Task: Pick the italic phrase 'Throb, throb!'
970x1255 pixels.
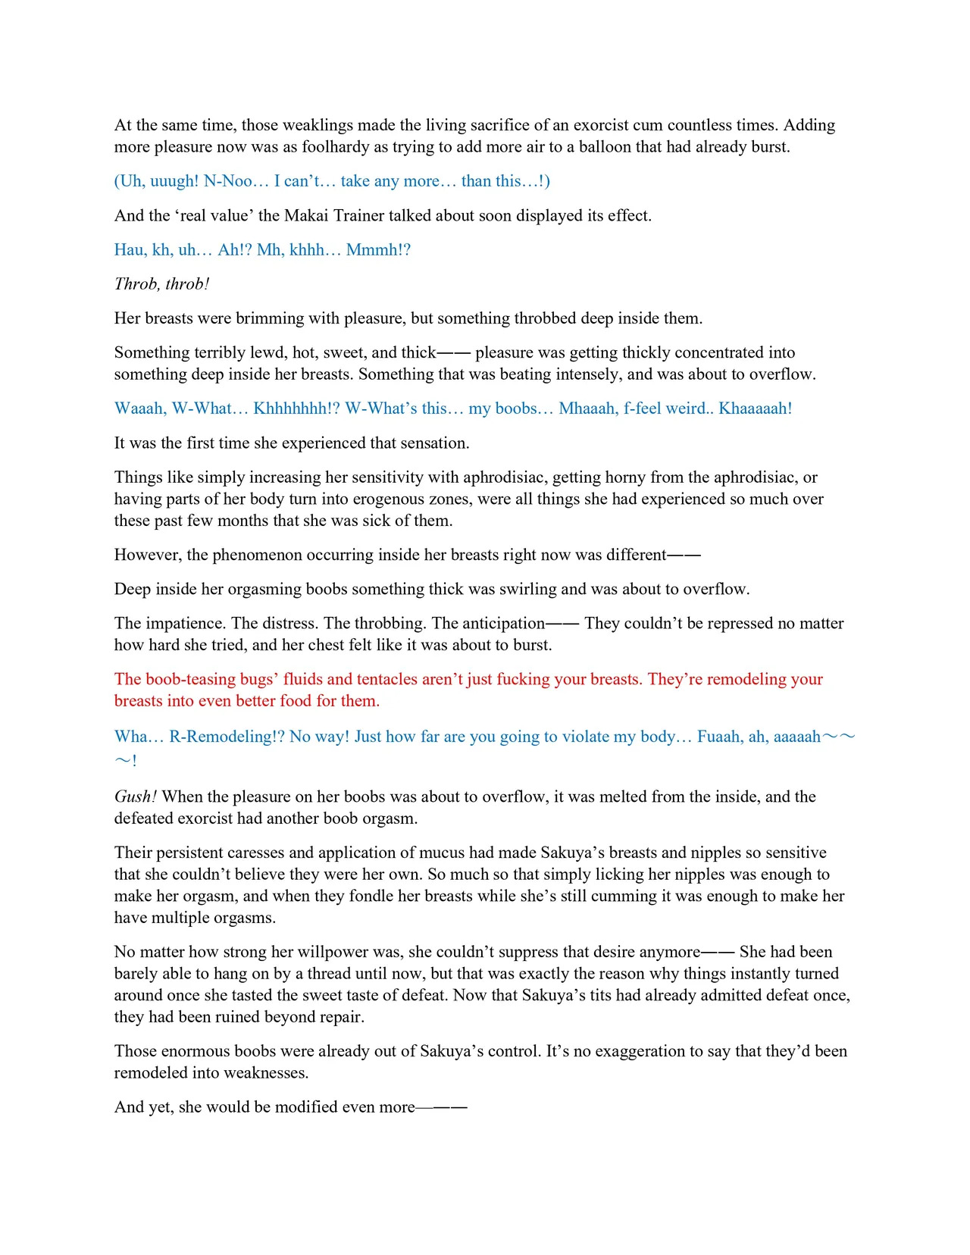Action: tap(161, 283)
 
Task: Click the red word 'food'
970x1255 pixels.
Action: tap(291, 700)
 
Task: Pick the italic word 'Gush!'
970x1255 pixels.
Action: tap(136, 796)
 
